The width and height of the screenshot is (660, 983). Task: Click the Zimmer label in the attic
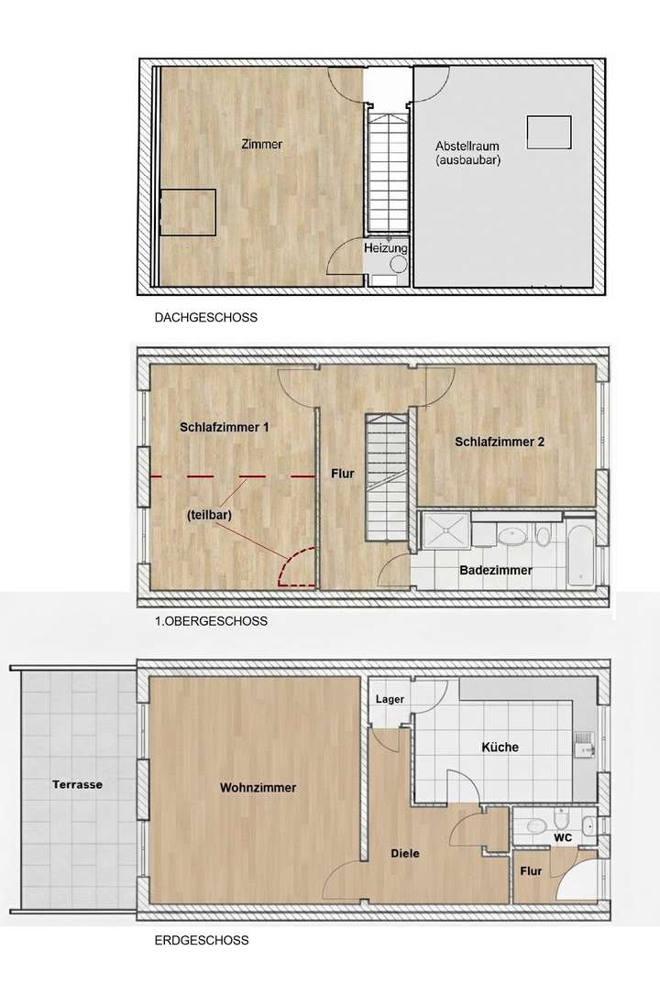click(x=261, y=145)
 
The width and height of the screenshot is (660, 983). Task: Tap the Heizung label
click(x=385, y=248)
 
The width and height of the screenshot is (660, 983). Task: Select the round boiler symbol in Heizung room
click(x=399, y=264)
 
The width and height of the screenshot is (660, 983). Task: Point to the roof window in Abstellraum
click(x=550, y=133)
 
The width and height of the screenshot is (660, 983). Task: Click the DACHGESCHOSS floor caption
click(x=206, y=318)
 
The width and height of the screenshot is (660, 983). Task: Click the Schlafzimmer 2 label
click(x=500, y=442)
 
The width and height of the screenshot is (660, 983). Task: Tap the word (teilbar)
click(x=209, y=515)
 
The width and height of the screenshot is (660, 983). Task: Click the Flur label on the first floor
click(x=342, y=474)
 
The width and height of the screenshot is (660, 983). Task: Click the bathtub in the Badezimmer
click(x=579, y=553)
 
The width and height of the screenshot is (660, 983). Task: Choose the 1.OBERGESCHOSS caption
click(x=211, y=620)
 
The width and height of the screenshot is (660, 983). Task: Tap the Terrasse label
click(x=77, y=785)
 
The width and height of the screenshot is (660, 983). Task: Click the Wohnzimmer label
click(x=258, y=787)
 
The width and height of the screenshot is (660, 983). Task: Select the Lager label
click(x=389, y=699)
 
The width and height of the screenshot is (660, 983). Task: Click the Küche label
click(x=500, y=748)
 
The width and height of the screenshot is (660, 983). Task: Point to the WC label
click(x=562, y=836)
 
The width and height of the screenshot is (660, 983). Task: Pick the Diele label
click(x=403, y=853)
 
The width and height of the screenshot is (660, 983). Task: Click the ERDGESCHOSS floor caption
click(x=202, y=940)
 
